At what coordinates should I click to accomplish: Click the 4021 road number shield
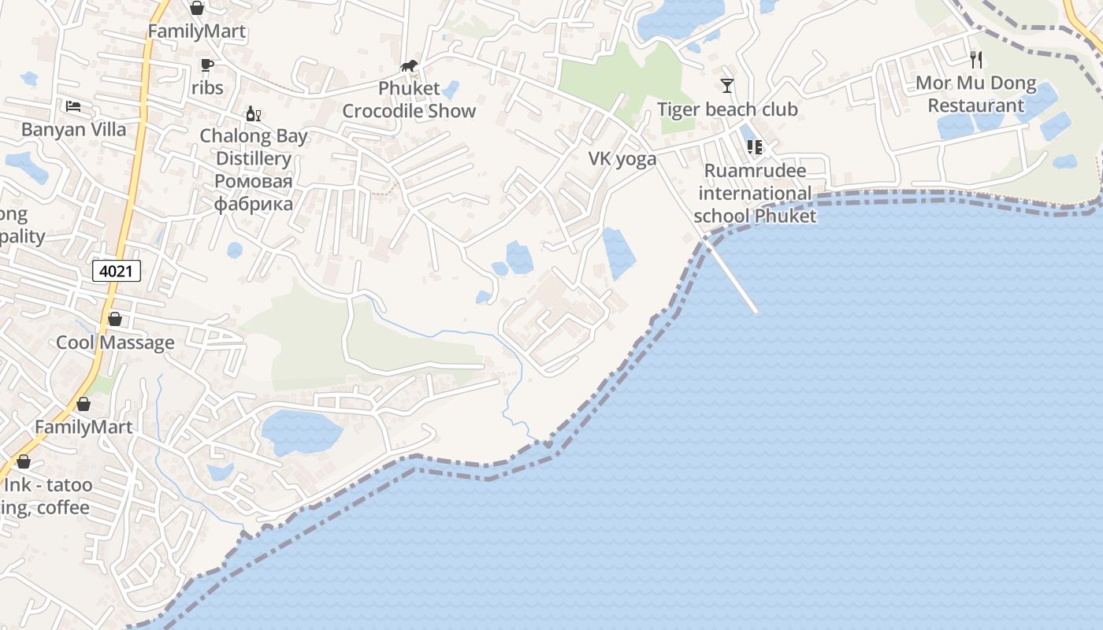[x=117, y=272]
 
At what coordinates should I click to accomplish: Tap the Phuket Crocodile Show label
[x=409, y=99]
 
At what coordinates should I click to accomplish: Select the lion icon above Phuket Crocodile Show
[x=409, y=65]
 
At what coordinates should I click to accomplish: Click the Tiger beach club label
[x=727, y=109]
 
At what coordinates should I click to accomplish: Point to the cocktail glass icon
[x=726, y=85]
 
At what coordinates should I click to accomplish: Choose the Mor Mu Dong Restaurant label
[x=975, y=94]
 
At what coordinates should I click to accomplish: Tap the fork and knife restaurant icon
[x=976, y=59]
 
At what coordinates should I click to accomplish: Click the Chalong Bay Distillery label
[x=254, y=147]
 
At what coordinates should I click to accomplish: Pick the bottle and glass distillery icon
[x=253, y=114]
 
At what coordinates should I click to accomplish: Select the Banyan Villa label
[x=74, y=129]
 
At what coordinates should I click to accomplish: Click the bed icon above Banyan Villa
[x=73, y=106]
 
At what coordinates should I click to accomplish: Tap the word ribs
[x=207, y=87]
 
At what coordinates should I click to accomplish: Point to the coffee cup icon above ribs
[x=206, y=65]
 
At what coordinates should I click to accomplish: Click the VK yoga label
[x=622, y=159]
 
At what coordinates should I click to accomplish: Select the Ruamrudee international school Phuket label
[x=756, y=193]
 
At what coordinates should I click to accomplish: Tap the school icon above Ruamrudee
[x=754, y=146]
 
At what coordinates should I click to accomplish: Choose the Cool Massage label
[x=115, y=343]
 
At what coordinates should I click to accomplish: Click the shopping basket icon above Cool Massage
[x=115, y=319]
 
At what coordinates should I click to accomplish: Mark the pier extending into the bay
[x=733, y=278]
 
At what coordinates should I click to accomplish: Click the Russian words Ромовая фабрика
[x=254, y=193]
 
